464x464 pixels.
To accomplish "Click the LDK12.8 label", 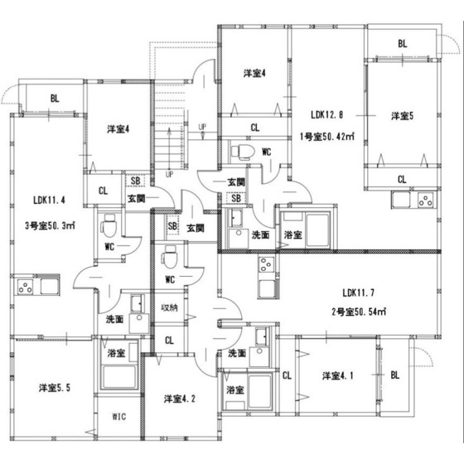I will (x=328, y=115).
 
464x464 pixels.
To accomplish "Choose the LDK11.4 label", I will (x=51, y=200).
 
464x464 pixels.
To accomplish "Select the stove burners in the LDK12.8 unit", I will (x=426, y=201).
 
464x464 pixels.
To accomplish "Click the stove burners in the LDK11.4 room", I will (x=26, y=288).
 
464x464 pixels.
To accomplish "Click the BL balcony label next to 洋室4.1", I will (x=395, y=375).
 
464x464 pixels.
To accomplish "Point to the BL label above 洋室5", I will (x=402, y=44).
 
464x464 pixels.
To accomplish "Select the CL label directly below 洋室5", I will (x=401, y=179).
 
